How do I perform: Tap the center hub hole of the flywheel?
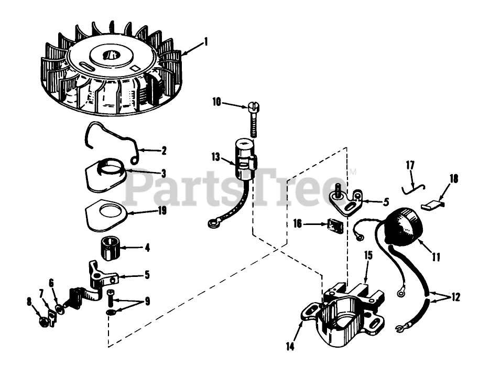pos(111,54)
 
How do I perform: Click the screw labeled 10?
pos(252,121)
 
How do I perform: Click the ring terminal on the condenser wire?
pos(212,224)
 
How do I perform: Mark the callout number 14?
pos(290,346)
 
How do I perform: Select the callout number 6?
pos(51,283)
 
